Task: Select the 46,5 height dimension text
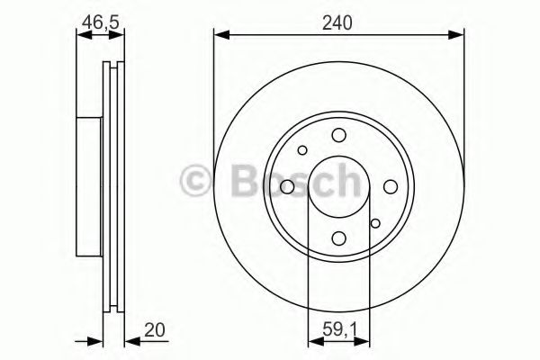point(101,21)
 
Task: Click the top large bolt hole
point(338,135)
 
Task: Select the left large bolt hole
point(286,186)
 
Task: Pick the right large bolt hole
point(391,186)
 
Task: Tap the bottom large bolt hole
point(338,238)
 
